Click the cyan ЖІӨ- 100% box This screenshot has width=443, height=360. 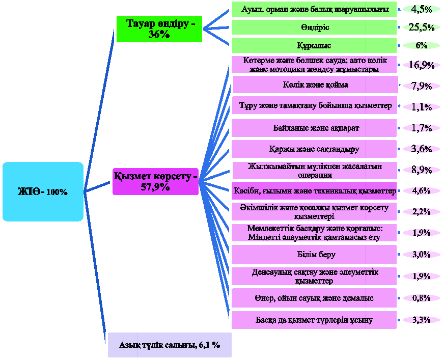43,191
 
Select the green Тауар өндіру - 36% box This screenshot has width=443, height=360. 159,29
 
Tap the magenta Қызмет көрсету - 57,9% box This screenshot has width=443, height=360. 156,182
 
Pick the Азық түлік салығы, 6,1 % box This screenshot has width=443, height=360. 170,345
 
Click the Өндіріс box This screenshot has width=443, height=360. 314,27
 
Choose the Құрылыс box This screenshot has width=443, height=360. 314,45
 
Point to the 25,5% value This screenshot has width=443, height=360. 421,27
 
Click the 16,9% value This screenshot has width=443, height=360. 421,65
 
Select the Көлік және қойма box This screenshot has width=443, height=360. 316,85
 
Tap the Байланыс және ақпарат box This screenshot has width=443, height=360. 314,128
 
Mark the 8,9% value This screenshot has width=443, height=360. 421,170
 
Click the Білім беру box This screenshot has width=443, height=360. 314,254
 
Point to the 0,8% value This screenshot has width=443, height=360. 421,298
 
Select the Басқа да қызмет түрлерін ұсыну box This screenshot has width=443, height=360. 314,320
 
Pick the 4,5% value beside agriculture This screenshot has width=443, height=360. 421,9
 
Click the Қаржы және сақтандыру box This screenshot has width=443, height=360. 314,149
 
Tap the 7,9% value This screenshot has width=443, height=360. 421,86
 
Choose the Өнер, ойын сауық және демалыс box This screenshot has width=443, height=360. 314,298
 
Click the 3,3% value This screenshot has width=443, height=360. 421,320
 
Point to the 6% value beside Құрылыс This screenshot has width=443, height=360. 421,45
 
